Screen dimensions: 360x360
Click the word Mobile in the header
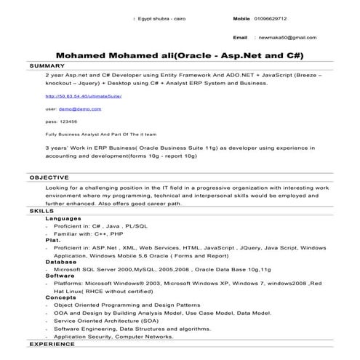(x=241, y=18)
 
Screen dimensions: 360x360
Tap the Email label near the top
(x=240, y=36)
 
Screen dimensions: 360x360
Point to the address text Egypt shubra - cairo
(x=167, y=18)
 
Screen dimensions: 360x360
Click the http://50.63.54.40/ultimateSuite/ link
(x=83, y=96)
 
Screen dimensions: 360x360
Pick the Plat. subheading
(x=52, y=239)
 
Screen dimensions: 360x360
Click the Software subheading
(x=60, y=276)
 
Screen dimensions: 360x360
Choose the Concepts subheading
(x=60, y=297)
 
